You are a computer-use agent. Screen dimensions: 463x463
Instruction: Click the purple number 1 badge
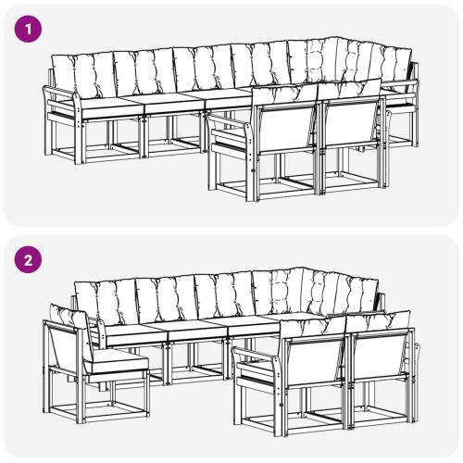tap(31, 30)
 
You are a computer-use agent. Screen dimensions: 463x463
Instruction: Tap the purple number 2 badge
tap(31, 261)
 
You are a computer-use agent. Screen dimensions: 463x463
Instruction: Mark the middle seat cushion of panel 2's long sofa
tap(194, 329)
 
